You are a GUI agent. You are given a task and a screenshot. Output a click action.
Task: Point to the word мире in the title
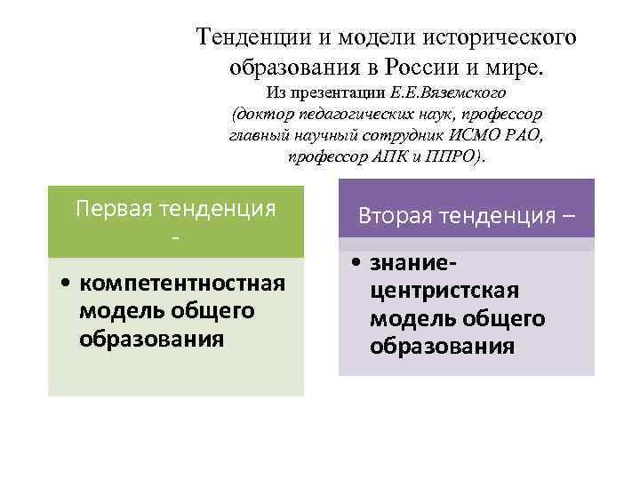[x=525, y=67]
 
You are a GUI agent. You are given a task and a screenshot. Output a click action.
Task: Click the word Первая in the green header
[x=112, y=208]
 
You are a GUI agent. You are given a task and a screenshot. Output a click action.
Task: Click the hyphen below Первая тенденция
[x=175, y=240]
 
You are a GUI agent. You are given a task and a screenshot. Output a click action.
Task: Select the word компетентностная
[x=181, y=284]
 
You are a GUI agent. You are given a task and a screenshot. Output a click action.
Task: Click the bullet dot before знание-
[x=354, y=265]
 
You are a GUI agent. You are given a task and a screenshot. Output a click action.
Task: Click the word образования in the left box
[x=151, y=339]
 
